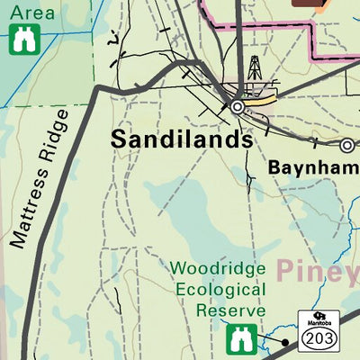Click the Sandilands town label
pos(181,140)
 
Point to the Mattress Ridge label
pos(40,179)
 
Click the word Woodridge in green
pos(218,269)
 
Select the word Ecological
pos(220,289)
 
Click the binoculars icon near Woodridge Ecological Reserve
pos(238,339)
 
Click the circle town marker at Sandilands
pos(238,106)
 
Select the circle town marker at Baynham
pos(346,144)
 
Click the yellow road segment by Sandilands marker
pos(260,102)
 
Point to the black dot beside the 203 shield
pos(285,342)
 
